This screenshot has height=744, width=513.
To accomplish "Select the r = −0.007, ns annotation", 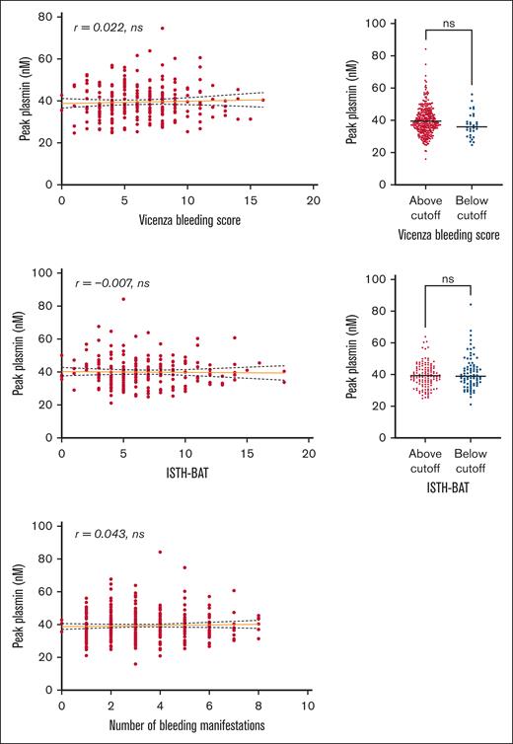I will tap(112, 283).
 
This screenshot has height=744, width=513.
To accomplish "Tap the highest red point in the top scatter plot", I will tap(162, 29).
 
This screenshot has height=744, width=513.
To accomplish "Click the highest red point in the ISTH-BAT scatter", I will tap(123, 299).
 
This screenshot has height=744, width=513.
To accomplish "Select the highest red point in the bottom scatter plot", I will tap(160, 552).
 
